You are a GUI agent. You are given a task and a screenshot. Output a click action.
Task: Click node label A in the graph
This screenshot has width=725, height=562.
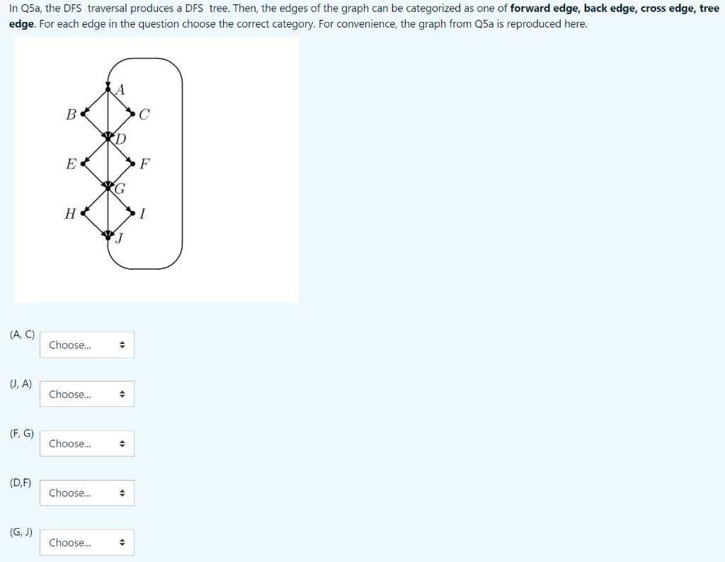120,89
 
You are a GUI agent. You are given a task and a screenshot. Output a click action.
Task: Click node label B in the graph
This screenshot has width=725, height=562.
70,114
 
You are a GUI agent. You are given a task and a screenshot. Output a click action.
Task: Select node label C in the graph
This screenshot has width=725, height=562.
144,115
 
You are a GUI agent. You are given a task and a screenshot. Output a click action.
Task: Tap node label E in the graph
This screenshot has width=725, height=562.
70,164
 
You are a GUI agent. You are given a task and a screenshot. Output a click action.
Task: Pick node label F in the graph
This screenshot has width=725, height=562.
144,164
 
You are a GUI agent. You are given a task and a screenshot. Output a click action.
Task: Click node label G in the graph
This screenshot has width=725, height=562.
120,189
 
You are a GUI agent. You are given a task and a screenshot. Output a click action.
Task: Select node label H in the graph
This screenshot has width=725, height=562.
70,214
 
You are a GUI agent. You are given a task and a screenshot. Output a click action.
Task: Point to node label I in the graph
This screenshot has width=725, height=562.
143,214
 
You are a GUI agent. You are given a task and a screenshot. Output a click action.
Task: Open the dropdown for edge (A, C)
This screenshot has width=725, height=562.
87,345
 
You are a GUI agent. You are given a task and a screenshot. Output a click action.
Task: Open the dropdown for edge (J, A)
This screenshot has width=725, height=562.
87,394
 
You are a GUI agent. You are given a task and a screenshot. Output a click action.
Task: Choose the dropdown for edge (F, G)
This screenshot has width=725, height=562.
87,444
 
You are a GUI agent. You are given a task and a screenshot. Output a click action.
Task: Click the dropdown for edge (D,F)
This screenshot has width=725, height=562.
87,493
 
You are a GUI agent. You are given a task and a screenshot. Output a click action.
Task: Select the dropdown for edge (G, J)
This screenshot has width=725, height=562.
87,542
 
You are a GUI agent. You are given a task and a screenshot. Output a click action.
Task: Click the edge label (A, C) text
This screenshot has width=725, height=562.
23,335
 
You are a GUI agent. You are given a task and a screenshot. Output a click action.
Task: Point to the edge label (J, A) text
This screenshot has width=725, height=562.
21,384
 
